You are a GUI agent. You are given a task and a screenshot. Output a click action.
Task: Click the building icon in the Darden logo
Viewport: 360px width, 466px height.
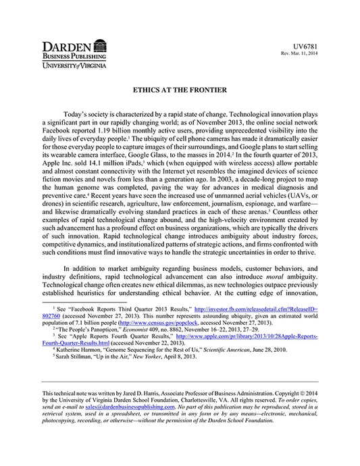100,47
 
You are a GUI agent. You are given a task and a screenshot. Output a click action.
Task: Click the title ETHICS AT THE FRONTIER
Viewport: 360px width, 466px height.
180,89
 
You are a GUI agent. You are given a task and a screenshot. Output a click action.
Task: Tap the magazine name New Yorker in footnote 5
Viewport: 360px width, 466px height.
149,357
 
